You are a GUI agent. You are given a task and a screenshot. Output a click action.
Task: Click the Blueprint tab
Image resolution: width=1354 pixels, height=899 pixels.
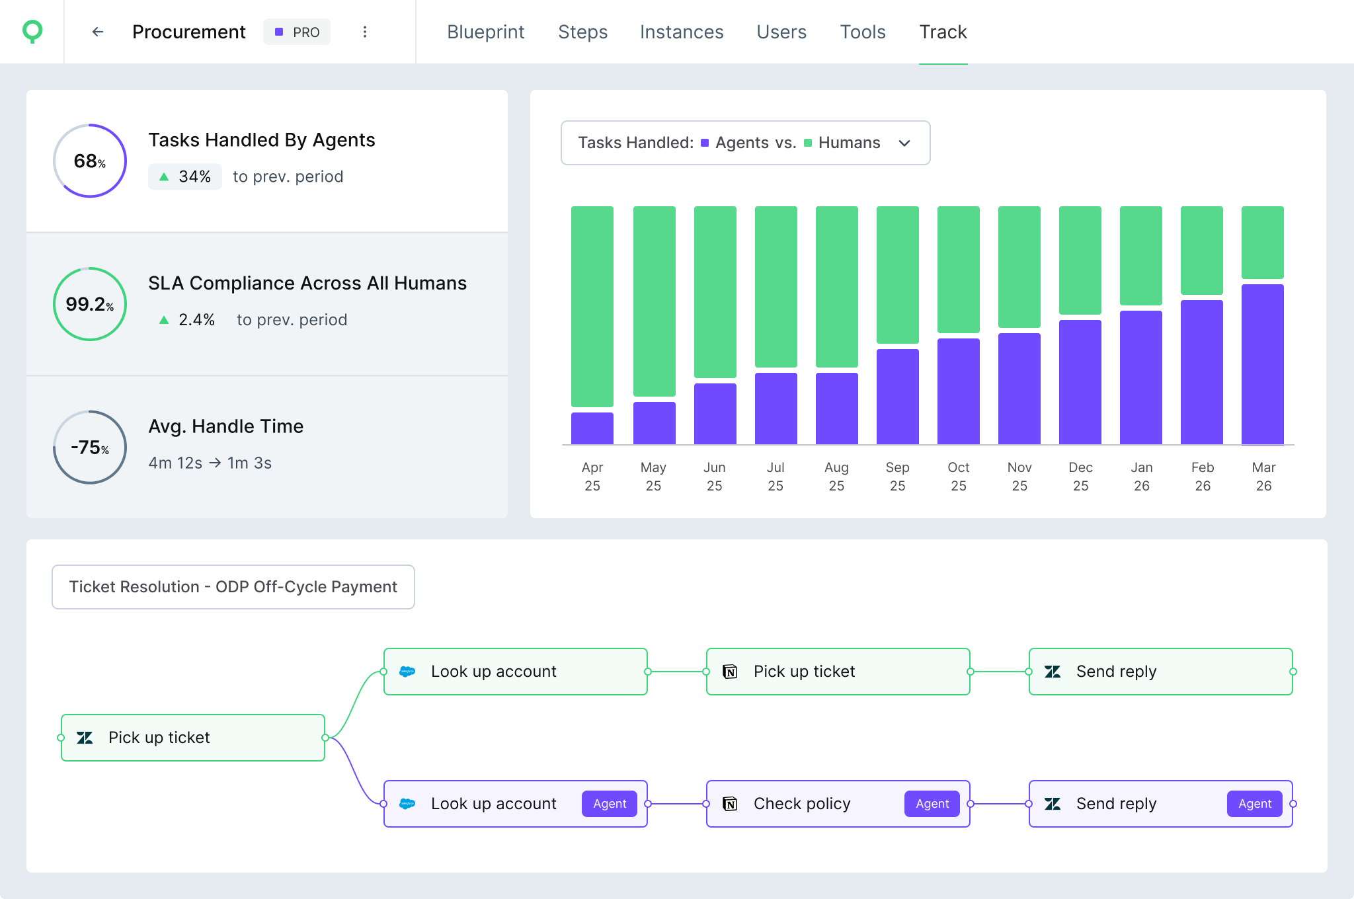coord(485,32)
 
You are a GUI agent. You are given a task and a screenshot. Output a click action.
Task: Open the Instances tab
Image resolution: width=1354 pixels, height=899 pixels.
coord(682,32)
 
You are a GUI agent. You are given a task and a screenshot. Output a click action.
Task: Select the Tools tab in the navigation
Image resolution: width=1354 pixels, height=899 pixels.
coord(862,32)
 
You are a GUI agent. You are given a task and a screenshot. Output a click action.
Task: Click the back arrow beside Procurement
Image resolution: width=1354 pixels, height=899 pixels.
coord(98,32)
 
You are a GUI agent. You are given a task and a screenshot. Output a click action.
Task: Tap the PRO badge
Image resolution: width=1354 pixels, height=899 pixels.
coord(297,32)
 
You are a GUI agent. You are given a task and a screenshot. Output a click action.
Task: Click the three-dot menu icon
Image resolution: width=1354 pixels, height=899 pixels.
coord(365,32)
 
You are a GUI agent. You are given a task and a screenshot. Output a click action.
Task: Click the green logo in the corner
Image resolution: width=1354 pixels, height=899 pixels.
coord(32,31)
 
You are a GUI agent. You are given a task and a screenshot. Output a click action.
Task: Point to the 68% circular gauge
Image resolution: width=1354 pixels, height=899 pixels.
coord(90,161)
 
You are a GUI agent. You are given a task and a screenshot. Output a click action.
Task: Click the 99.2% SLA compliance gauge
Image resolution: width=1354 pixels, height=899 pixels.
coord(90,304)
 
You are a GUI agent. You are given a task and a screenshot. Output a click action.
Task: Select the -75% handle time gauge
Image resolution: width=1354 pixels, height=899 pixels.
coord(90,448)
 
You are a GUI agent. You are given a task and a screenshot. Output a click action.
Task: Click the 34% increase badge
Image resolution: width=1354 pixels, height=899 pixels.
coord(185,176)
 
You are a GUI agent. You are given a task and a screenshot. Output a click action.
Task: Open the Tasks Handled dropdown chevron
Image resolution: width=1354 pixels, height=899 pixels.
coord(904,143)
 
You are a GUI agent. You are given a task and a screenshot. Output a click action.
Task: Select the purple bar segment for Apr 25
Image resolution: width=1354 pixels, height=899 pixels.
coord(592,428)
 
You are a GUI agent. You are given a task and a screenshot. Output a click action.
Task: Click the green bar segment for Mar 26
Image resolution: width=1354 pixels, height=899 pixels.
coord(1262,242)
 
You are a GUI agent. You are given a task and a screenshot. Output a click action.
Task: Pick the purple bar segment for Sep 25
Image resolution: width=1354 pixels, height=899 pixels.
coord(897,397)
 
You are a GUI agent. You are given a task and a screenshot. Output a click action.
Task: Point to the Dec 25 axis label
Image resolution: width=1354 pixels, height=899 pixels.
coord(1080,476)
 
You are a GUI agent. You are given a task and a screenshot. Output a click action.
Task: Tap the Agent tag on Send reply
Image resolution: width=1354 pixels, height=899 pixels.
coord(1254,804)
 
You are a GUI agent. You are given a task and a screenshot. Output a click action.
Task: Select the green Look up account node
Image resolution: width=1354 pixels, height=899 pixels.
coord(515,672)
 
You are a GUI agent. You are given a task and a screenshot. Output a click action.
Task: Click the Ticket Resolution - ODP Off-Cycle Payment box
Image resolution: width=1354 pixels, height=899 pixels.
coord(233,587)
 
